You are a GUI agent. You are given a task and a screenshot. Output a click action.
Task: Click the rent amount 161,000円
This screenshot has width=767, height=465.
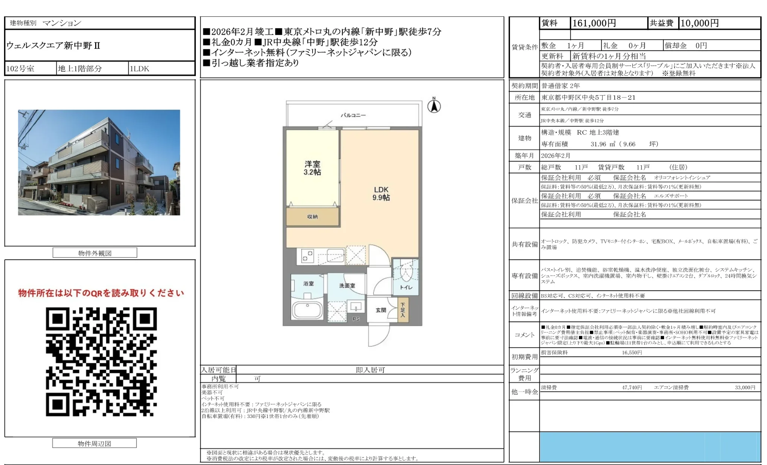[x=594, y=23]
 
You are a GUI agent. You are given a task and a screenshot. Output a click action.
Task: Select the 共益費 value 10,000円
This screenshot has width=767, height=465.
[x=699, y=23]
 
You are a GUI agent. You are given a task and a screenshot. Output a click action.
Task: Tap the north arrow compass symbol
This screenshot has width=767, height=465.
[x=434, y=106]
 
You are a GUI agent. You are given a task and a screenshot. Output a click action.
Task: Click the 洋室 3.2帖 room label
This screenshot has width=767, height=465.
[x=312, y=168]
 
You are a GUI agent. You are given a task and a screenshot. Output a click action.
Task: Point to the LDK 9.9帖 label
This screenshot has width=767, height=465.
[x=381, y=193]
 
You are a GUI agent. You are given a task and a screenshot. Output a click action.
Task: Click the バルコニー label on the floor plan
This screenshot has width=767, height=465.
[x=353, y=115]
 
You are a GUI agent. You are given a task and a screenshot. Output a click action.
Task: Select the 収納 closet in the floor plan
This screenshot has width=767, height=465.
[x=312, y=217]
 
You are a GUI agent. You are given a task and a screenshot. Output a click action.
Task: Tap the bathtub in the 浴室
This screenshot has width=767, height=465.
[x=307, y=310]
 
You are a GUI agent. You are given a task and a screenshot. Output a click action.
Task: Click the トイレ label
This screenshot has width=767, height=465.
[x=406, y=287]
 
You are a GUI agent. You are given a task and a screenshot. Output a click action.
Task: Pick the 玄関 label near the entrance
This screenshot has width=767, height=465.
[x=381, y=310]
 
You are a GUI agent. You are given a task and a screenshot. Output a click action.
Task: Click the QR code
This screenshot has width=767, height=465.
[x=101, y=361]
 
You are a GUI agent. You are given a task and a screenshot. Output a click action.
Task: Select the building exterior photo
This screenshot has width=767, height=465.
[x=99, y=162]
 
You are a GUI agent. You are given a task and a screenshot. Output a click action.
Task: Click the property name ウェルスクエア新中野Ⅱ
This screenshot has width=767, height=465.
[x=53, y=46]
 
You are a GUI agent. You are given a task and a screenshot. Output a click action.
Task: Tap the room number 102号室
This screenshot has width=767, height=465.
[x=21, y=69]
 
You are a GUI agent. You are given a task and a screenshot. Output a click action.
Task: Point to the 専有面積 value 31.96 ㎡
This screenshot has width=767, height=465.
[x=602, y=144]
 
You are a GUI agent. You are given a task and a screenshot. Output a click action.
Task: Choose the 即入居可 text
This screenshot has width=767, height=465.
[x=370, y=370]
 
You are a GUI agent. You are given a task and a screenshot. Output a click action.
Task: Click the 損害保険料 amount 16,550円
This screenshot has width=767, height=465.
[x=632, y=352]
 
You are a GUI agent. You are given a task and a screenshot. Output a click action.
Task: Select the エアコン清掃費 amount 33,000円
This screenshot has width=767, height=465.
[x=745, y=387]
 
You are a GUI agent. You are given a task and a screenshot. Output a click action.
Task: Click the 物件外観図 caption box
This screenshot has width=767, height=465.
[x=95, y=253]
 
